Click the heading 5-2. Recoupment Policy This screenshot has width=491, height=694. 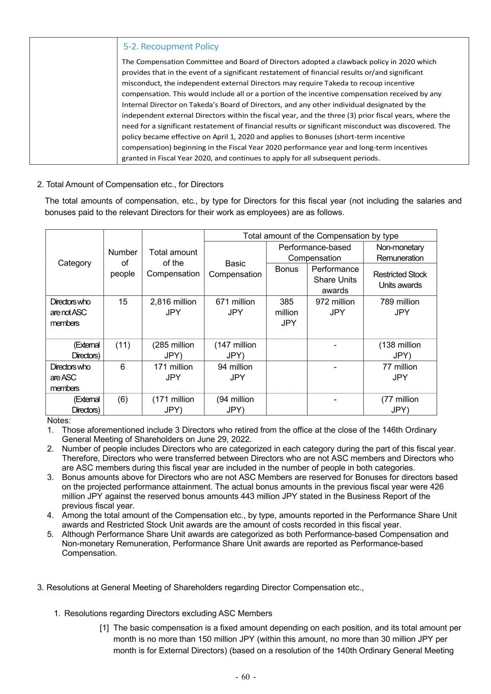[x=171, y=47]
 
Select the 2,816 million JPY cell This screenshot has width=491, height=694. [x=173, y=307]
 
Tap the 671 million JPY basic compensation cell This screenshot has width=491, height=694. [x=235, y=307]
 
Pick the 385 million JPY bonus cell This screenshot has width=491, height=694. [x=287, y=312]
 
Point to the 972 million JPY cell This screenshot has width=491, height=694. [x=335, y=307]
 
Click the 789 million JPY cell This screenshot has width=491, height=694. [x=400, y=307]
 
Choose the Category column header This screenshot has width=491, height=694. [x=75, y=263]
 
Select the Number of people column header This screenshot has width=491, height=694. [x=123, y=263]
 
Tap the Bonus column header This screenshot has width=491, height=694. [x=287, y=269]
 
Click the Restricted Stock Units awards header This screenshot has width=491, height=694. [x=400, y=280]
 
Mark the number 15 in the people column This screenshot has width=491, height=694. [x=123, y=301]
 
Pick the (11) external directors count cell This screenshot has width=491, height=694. [x=123, y=345]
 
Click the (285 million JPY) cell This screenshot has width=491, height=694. [x=173, y=350]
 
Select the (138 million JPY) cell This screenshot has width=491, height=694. [x=400, y=350]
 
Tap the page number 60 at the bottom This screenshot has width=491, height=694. [x=246, y=677]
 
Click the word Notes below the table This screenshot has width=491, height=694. [x=59, y=420]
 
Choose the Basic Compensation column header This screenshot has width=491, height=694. [x=235, y=269]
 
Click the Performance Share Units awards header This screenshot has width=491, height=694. [x=335, y=280]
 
